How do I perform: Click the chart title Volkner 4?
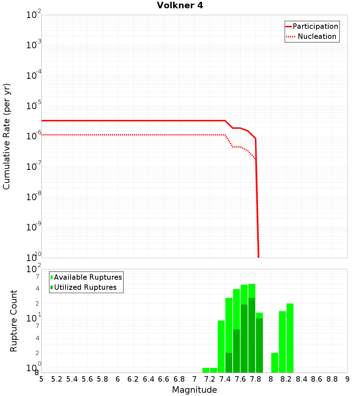180,5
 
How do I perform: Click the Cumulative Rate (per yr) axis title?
6,136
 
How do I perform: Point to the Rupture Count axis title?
14,320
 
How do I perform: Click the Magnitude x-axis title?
194,390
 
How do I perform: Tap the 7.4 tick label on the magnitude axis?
225,379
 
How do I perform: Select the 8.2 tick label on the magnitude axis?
286,379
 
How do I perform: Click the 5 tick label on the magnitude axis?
41,379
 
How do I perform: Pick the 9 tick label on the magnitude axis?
347,379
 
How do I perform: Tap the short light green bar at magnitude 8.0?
275,363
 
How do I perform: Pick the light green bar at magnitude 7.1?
206,370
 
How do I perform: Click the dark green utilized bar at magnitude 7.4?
229,363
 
